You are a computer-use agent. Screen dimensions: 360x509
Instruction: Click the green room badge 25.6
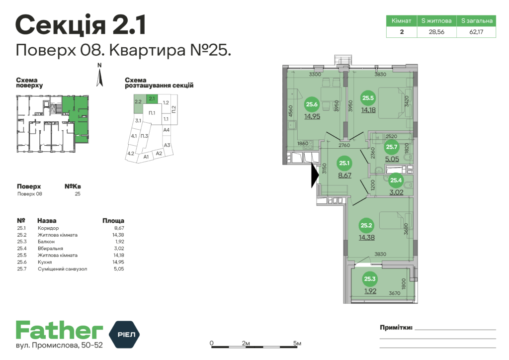[312, 104]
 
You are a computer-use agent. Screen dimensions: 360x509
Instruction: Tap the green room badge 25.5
[368, 98]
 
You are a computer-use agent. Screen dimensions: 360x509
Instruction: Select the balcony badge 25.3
[370, 279]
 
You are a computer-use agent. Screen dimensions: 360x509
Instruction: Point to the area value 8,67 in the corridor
[344, 176]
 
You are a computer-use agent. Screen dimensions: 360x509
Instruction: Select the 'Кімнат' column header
[401, 21]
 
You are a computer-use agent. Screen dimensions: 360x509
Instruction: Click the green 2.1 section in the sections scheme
[153, 98]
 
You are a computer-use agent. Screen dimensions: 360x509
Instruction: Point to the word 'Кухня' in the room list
[45, 262]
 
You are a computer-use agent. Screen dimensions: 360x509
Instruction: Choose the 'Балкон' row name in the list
[46, 241]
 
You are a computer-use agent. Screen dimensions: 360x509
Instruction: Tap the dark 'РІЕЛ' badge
[124, 333]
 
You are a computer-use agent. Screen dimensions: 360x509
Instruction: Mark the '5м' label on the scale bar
[297, 344]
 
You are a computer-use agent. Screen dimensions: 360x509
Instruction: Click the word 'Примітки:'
[396, 328]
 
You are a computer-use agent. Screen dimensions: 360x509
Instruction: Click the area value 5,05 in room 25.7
[393, 160]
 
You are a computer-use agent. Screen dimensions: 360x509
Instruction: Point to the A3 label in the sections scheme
[167, 145]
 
